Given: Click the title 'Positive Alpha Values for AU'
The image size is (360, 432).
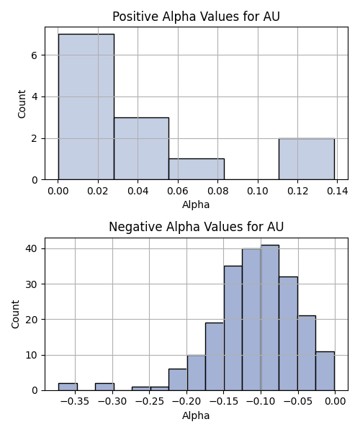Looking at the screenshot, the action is (x=196, y=17).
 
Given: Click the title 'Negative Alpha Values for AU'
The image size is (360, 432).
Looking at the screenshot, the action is (x=196, y=227).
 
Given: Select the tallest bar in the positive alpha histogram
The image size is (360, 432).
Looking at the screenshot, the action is (x=86, y=107).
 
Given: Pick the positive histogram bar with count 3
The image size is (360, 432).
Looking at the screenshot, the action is (x=142, y=148).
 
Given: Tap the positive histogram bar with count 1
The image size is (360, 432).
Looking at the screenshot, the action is (x=197, y=169).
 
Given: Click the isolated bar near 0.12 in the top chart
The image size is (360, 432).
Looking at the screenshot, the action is (x=307, y=159).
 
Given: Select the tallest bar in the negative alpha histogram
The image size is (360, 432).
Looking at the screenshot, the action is (x=270, y=318).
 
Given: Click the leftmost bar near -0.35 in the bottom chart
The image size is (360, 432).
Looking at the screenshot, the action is (x=68, y=387).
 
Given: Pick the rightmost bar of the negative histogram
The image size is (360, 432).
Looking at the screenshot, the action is (x=325, y=371).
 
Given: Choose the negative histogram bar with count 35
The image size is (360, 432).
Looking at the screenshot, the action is (x=233, y=328).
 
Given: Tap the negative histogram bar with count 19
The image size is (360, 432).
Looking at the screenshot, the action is (x=215, y=356).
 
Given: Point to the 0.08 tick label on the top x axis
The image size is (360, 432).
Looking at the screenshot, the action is (x=217, y=191).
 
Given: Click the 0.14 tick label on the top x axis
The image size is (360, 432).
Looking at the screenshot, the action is (x=338, y=191).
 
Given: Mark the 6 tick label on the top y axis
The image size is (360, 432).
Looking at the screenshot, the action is (x=34, y=55).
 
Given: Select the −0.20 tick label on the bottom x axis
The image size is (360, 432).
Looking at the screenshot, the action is (x=186, y=402).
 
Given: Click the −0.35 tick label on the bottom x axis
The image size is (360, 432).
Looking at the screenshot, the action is (x=75, y=402).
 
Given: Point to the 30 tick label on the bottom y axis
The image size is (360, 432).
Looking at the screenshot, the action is (x=31, y=284).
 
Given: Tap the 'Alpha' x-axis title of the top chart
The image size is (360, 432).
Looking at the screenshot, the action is (x=196, y=204).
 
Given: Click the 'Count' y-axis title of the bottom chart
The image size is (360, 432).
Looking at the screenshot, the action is (x=15, y=314).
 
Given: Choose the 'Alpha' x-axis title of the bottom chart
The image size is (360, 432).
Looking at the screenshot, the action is (x=196, y=415).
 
